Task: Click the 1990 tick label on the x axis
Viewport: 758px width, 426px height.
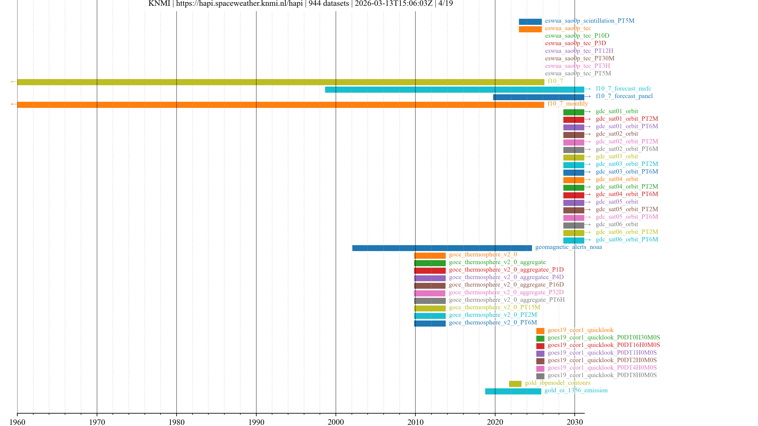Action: (x=256, y=422)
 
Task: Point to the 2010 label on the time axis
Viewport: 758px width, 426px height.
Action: (x=415, y=422)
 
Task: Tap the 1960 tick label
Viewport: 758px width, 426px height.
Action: (x=17, y=422)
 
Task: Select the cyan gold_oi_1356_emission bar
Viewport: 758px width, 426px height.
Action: (x=513, y=391)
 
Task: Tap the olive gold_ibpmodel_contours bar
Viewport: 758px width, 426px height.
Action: (x=515, y=384)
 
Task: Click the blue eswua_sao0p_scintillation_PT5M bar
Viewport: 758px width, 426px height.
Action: (x=530, y=22)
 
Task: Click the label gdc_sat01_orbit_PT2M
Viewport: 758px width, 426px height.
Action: (x=627, y=119)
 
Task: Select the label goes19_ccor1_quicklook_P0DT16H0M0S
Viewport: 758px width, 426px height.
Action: (x=603, y=345)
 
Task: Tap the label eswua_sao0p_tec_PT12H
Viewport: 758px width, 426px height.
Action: (x=579, y=51)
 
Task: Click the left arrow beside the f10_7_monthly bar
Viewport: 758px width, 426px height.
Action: (x=14, y=104)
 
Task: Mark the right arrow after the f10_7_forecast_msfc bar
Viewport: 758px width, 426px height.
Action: (x=588, y=89)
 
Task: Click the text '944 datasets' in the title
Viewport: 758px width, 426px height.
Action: (x=328, y=4)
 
